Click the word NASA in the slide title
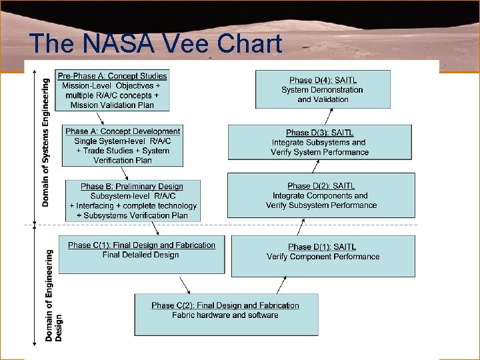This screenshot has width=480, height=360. (x=119, y=43)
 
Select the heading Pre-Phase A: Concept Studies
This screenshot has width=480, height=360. (x=113, y=76)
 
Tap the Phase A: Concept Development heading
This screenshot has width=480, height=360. (x=123, y=131)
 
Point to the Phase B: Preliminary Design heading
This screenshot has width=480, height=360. (x=132, y=187)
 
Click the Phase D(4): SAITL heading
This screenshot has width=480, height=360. (x=323, y=80)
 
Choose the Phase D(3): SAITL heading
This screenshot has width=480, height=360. (x=320, y=133)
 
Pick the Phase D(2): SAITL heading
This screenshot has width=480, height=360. (x=321, y=186)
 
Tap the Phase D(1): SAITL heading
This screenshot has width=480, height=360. (x=322, y=247)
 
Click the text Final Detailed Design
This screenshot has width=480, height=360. (x=141, y=255)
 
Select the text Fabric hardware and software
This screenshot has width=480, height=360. (x=225, y=315)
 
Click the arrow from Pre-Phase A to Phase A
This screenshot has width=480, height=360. (x=100, y=119)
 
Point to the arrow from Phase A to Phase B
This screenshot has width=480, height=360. (x=124, y=173)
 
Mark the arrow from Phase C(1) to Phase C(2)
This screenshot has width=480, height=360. (x=185, y=285)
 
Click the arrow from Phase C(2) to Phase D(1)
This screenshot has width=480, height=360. (x=281, y=285)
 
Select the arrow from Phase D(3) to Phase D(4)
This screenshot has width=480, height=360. (x=329, y=116)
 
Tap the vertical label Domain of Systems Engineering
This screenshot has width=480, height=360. (x=45, y=143)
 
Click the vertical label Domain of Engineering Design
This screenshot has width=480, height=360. (x=53, y=296)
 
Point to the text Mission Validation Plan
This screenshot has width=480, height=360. (x=112, y=105)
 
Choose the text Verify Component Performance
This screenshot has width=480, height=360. (x=323, y=257)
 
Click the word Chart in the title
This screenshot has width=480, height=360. (x=249, y=43)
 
